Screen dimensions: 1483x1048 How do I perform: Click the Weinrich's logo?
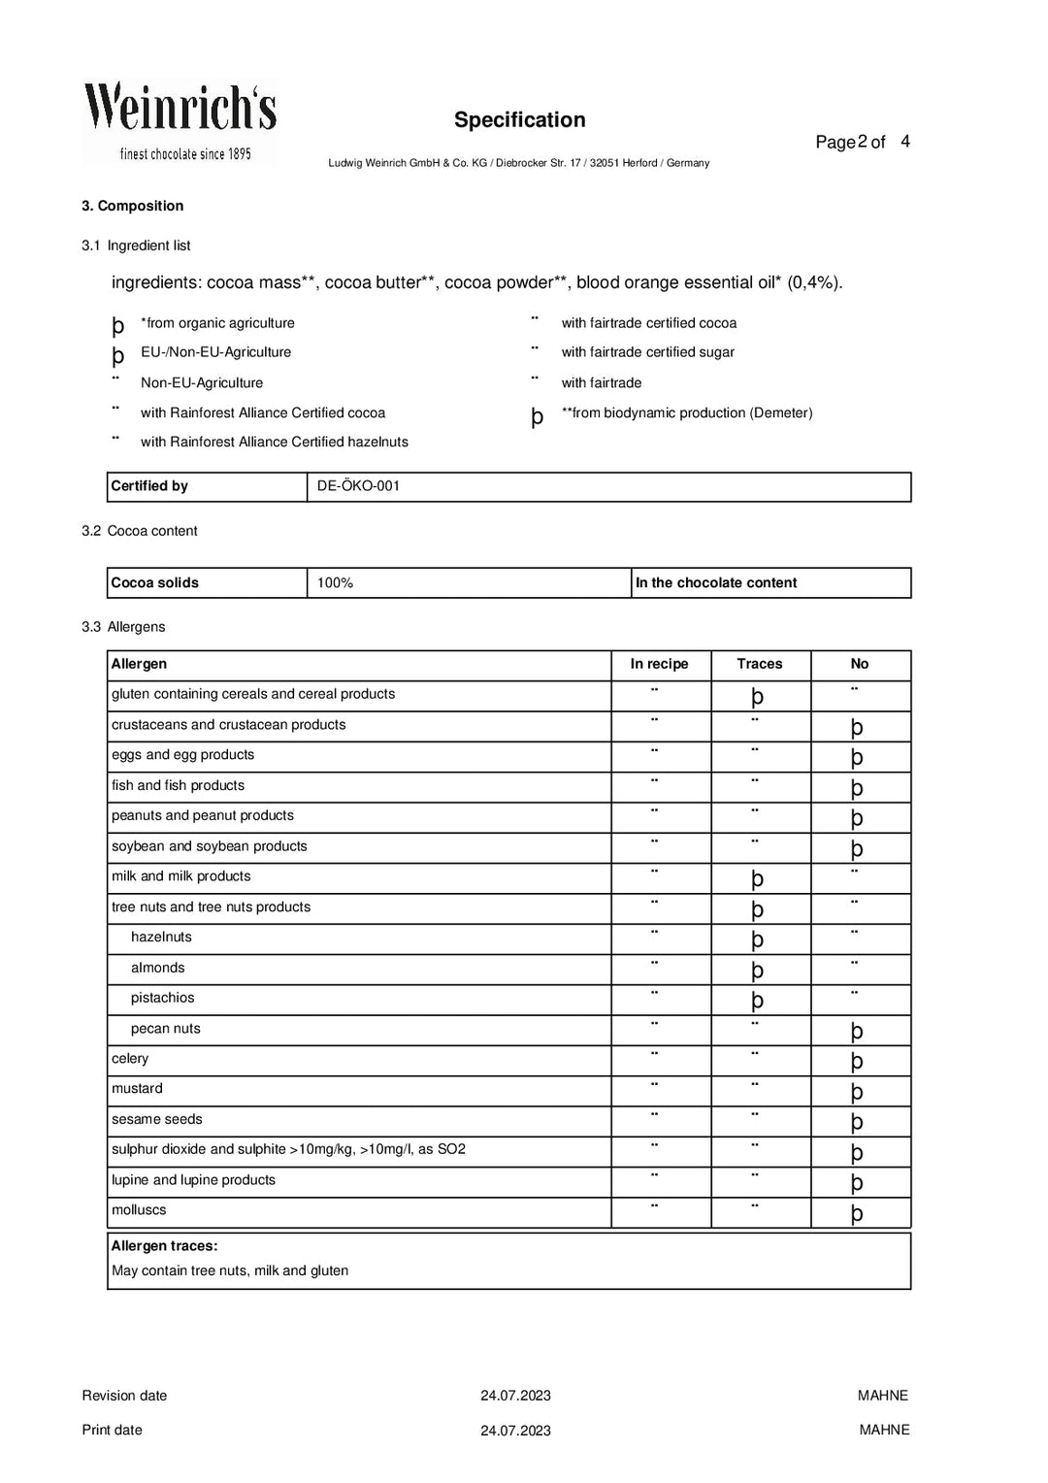180,121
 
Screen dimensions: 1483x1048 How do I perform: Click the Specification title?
519,120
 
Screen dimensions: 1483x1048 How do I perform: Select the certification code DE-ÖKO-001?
358,486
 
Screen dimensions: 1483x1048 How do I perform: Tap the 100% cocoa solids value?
335,583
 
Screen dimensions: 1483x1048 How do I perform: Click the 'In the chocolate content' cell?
716,583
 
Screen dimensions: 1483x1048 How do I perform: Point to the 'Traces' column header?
759,664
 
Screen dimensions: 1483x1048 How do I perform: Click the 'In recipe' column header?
659,664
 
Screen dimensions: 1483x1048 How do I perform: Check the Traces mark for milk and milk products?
758,879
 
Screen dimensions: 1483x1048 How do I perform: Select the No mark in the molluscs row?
857,1213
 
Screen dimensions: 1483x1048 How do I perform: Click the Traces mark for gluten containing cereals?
758,697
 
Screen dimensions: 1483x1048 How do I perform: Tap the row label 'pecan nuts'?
165,1029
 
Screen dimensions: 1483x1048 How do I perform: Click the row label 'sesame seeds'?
157,1119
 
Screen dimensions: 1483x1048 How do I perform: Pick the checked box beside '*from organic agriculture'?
118,326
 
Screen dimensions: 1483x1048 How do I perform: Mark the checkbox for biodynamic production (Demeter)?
537,416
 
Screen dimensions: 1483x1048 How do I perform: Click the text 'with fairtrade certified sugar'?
647,352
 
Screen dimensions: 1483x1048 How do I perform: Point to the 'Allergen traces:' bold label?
164,1246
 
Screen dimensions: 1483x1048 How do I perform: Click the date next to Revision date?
515,1396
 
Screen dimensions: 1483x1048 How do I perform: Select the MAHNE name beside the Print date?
884,1430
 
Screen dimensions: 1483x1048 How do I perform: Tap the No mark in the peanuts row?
857,818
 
